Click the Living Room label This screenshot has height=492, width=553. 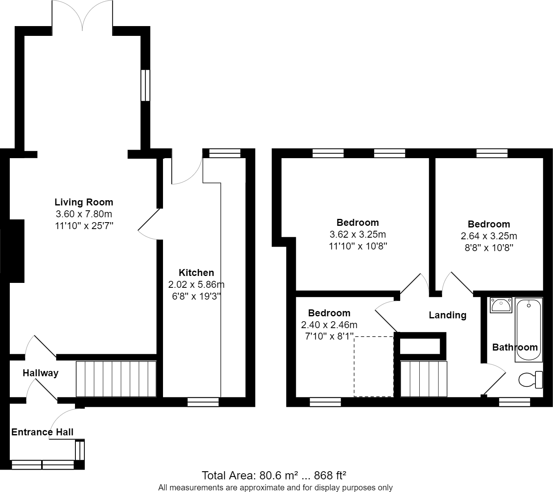pos(84,202)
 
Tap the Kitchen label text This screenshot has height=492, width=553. pos(196,273)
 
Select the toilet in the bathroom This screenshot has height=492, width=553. pos(531,380)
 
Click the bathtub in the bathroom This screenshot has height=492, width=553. pos(528,330)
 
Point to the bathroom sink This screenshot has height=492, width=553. pos(501,305)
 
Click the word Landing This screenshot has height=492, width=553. pos(447,315)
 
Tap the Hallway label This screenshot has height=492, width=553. pos(40,373)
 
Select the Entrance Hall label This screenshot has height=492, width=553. pos(42,432)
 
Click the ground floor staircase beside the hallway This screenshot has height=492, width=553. pos(116,379)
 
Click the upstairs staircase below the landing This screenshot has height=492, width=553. pos(423,379)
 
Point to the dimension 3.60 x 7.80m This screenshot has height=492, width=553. pos(84,214)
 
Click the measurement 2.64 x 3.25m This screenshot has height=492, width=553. pos(489,236)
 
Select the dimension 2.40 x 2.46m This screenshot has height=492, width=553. pos(329,325)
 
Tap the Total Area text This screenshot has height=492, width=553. pos(274,475)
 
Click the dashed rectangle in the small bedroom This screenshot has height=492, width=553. pos(373,366)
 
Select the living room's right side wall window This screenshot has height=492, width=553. pos(145,85)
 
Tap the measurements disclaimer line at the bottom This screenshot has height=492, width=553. pos(275,488)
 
